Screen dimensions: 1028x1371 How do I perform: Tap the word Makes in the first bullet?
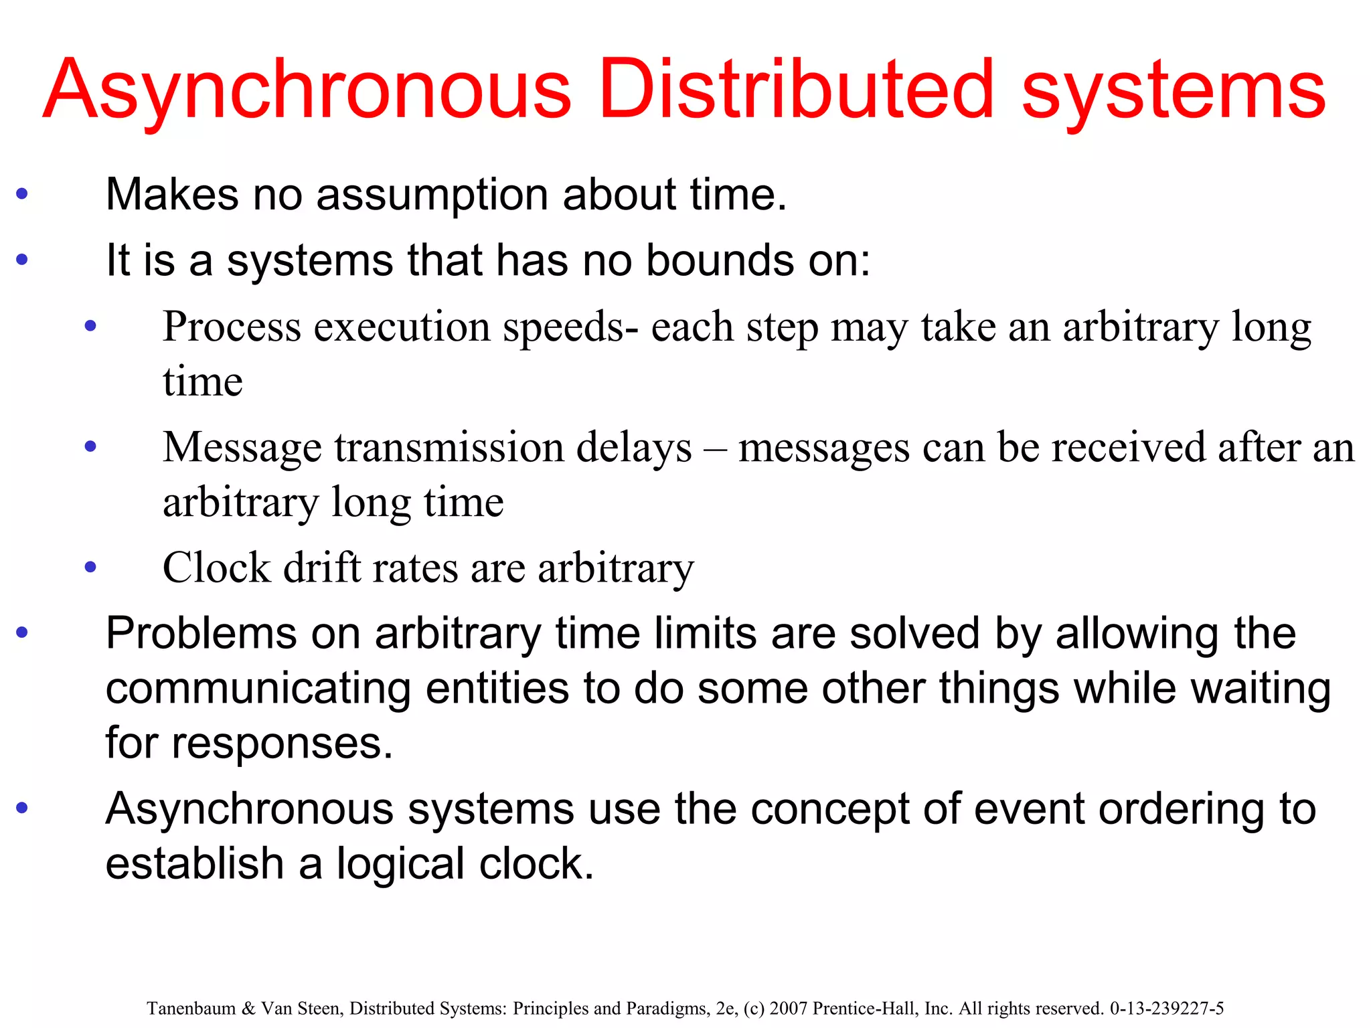coord(171,195)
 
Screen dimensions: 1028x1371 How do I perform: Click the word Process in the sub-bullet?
coord(232,327)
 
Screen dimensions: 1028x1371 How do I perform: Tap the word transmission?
coord(446,448)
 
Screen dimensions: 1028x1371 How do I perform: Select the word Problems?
coord(200,634)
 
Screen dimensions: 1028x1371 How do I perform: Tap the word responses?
coord(282,744)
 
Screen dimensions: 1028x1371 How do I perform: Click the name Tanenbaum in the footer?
coord(191,1009)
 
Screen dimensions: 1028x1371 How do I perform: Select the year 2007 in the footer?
coord(789,1009)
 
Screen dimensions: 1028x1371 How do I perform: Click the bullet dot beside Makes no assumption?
coord(22,195)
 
